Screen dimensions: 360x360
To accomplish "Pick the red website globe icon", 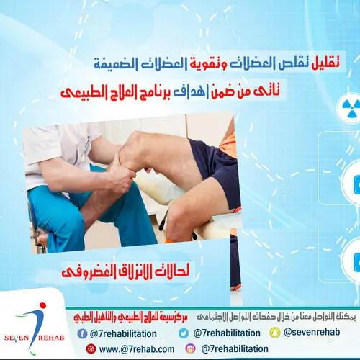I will point(91,348).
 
